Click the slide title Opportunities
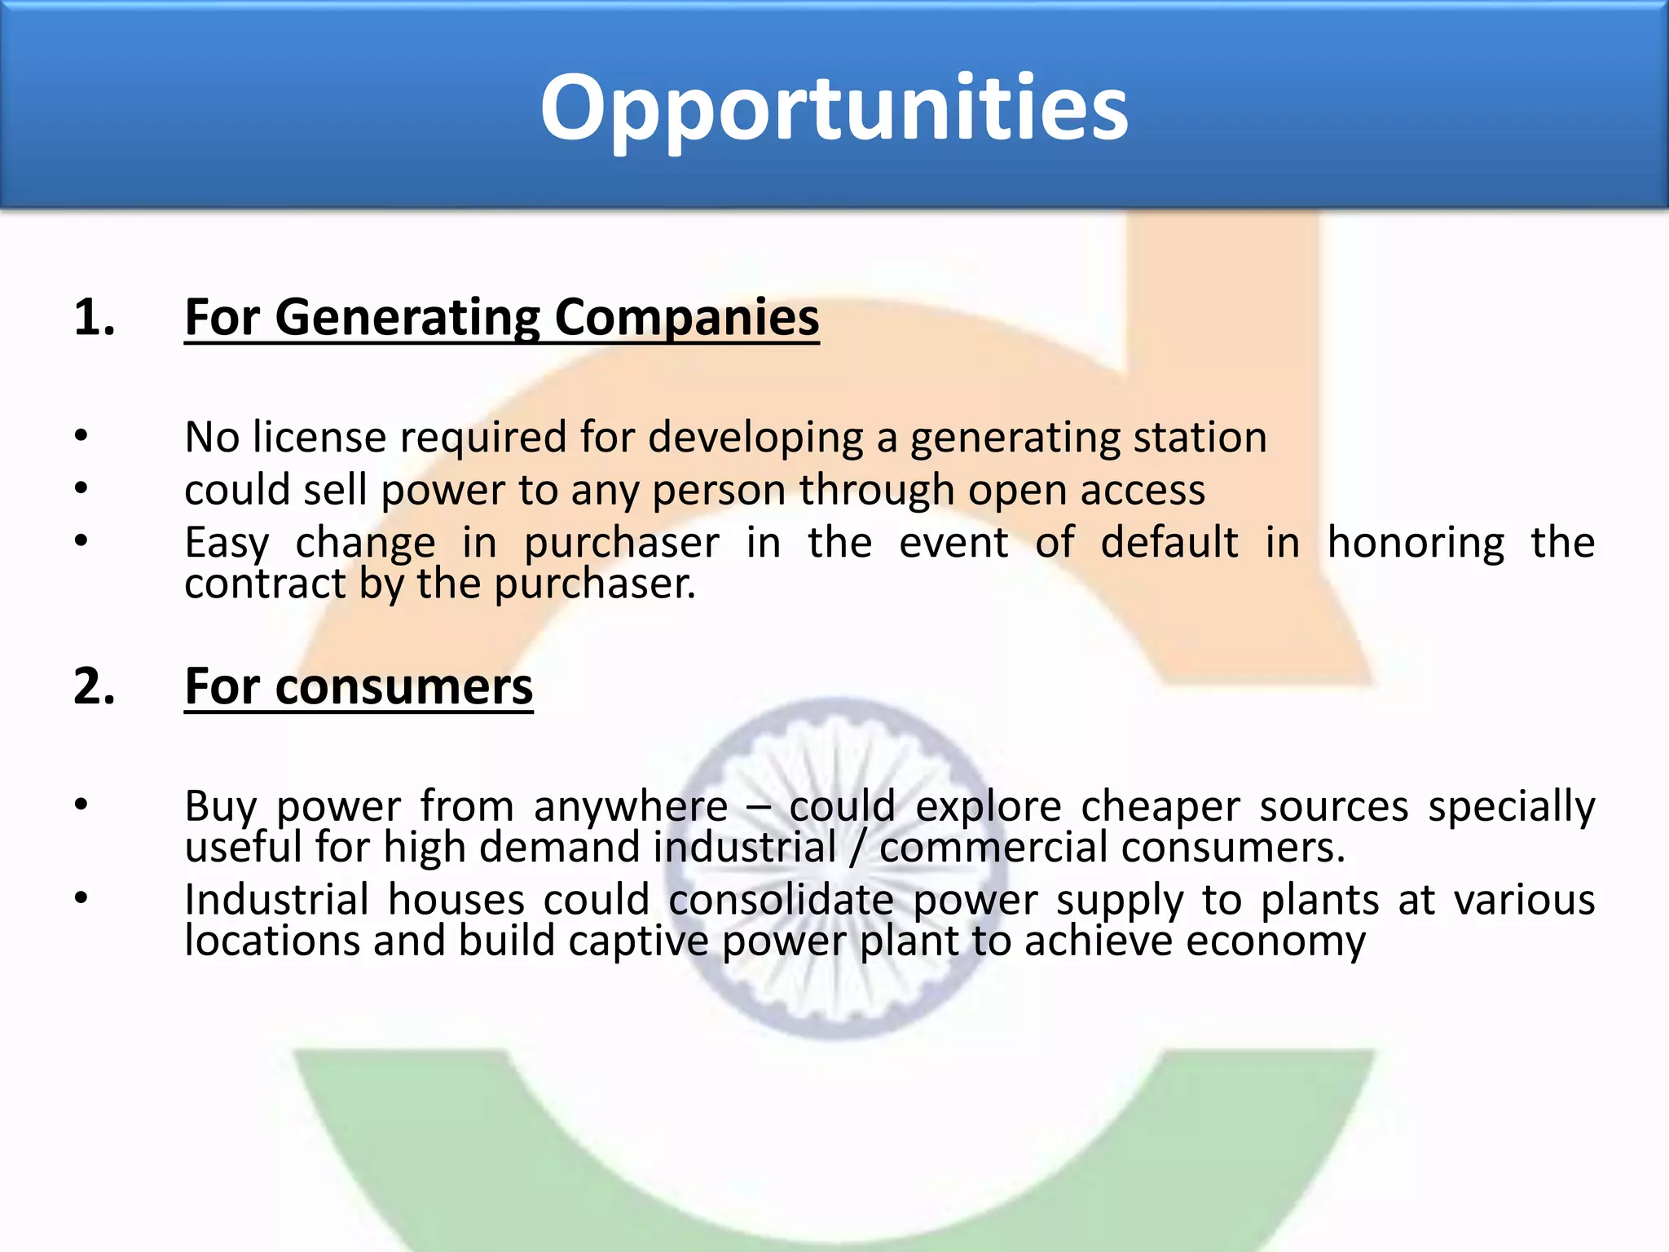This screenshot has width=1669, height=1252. click(834, 108)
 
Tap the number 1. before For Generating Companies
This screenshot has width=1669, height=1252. click(94, 317)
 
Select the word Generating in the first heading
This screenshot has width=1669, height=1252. click(407, 318)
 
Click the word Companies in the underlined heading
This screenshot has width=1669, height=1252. click(687, 318)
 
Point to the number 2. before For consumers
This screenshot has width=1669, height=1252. click(94, 686)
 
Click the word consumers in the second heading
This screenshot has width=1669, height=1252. click(403, 687)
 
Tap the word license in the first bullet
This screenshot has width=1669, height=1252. click(319, 437)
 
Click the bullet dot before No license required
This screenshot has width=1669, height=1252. click(81, 436)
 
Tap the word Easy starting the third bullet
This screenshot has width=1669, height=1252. click(226, 544)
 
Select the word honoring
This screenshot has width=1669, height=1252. click(1416, 544)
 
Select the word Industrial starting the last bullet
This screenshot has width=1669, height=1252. click(276, 901)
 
